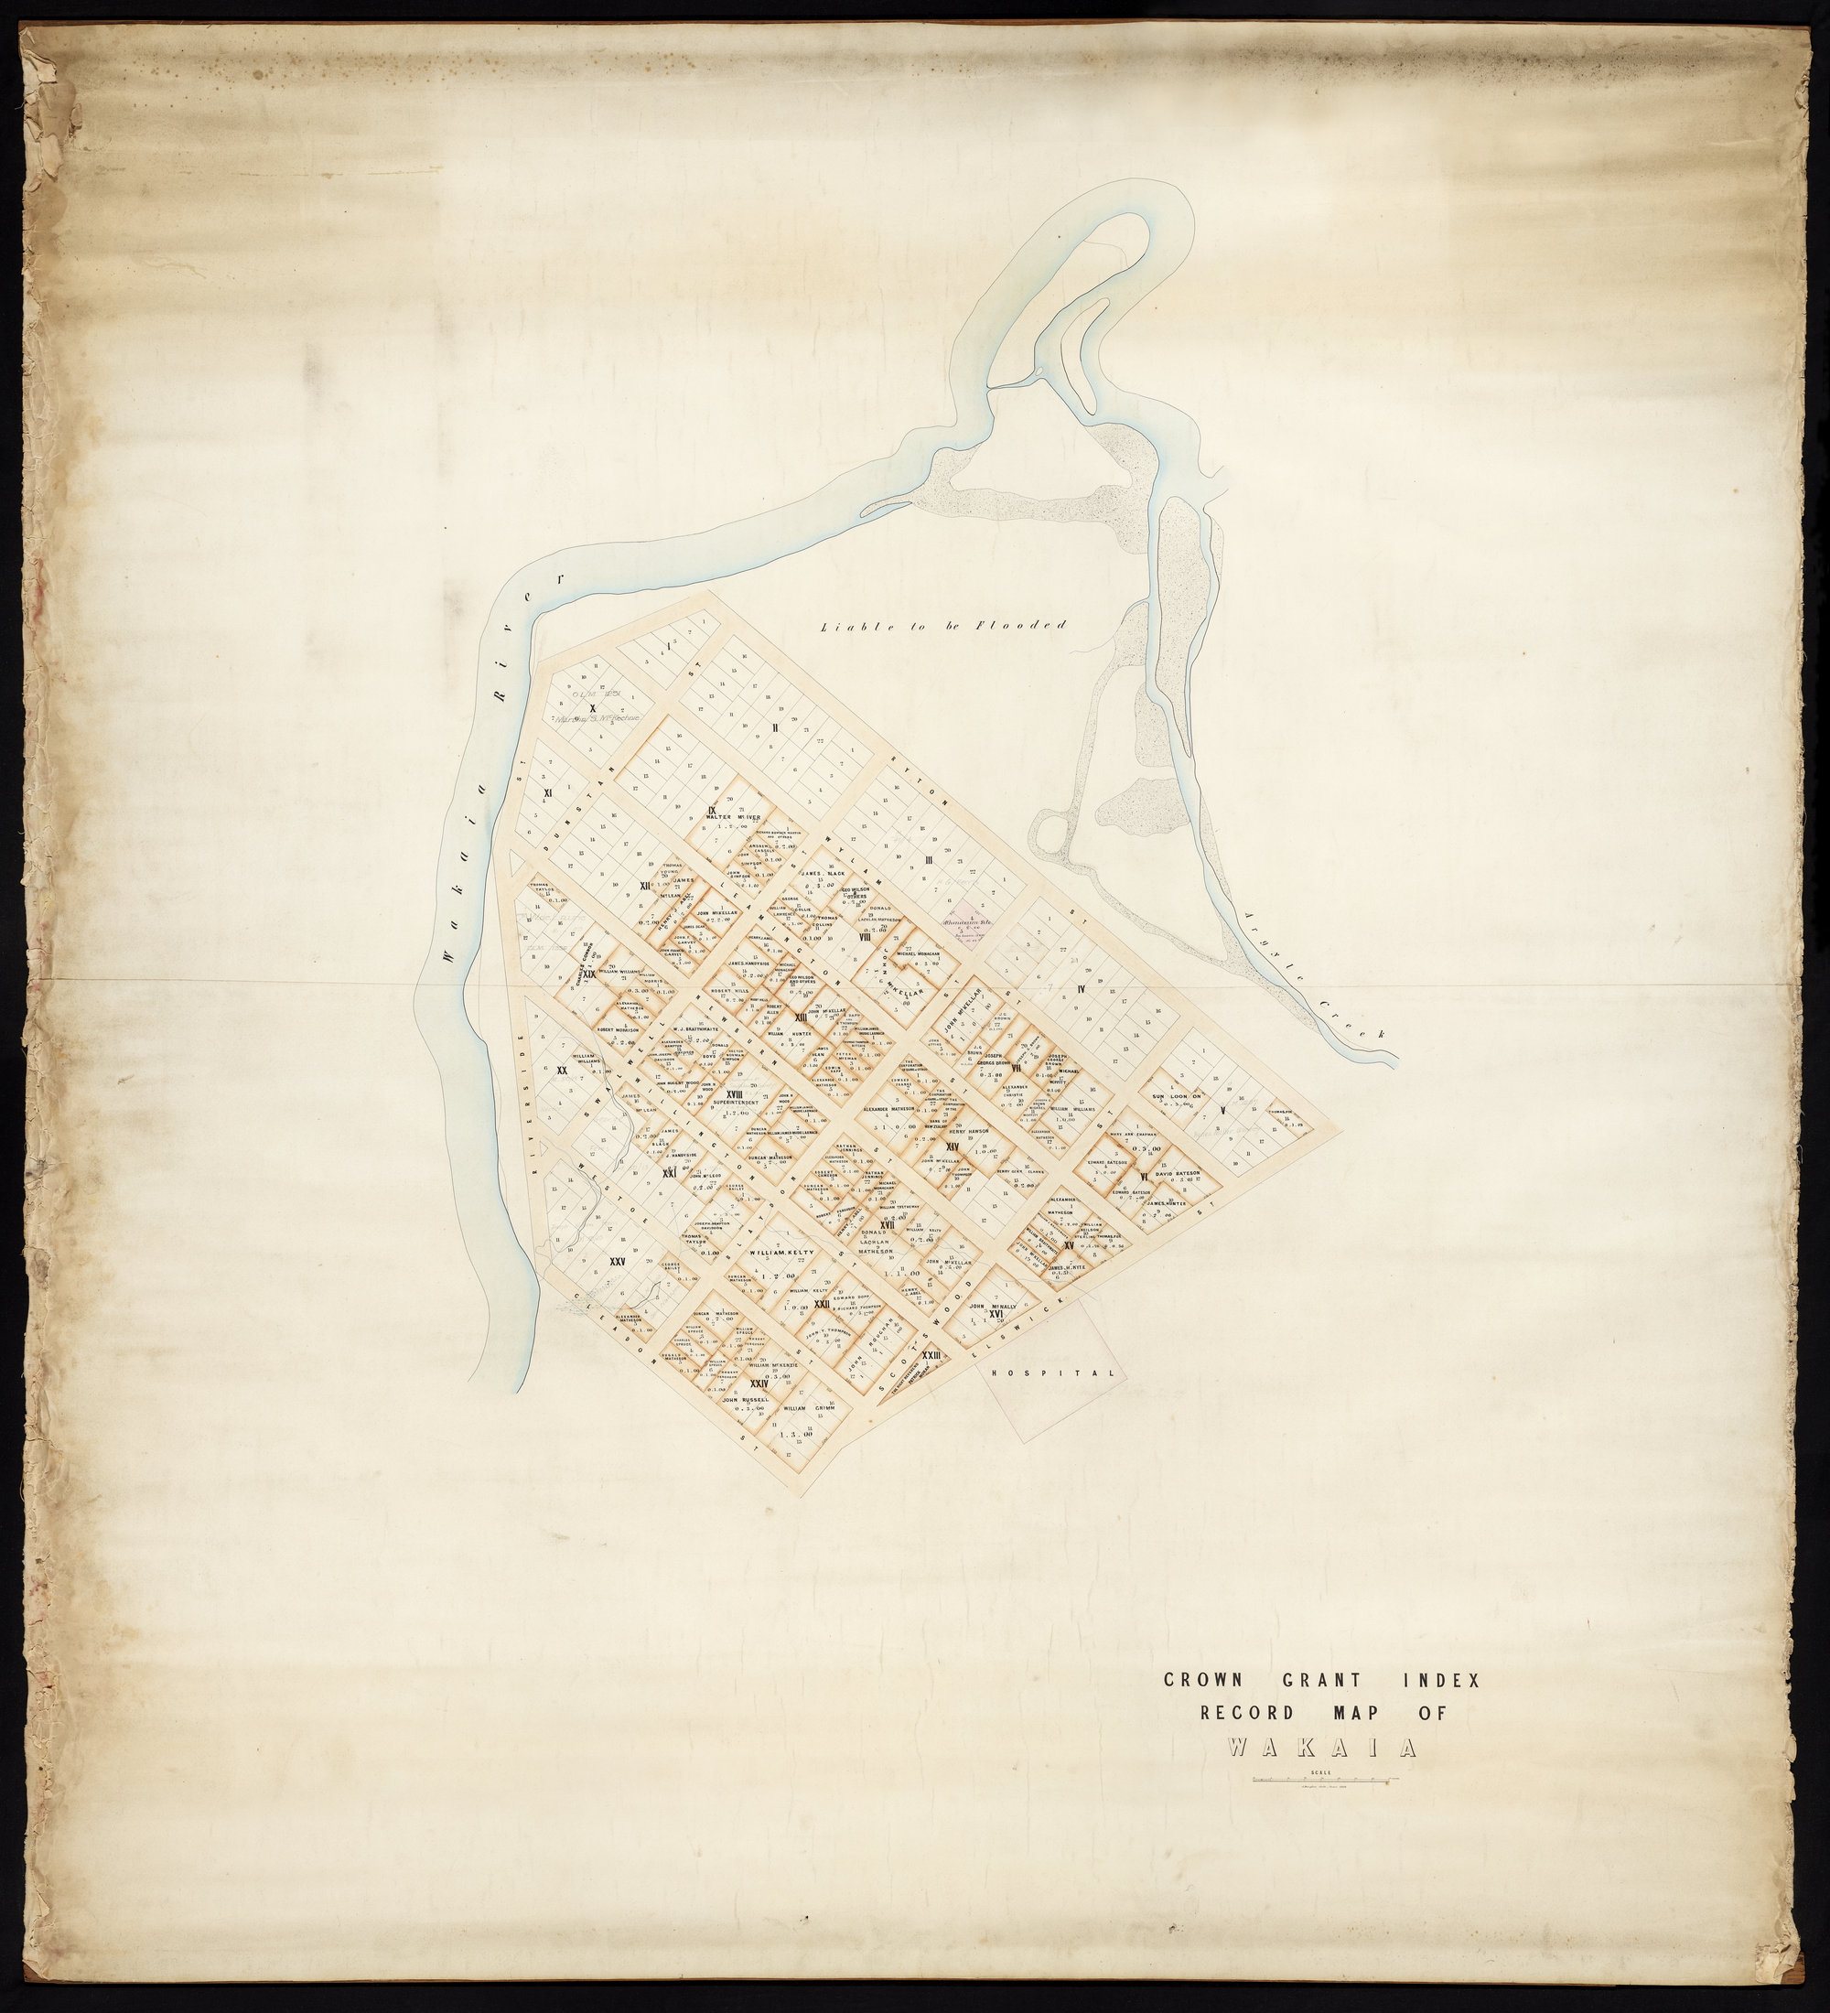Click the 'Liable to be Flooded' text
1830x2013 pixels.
pyautogui.click(x=943, y=626)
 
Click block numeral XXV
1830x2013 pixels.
pyautogui.click(x=617, y=1262)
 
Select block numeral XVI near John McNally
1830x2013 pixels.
pyautogui.click(x=995, y=1313)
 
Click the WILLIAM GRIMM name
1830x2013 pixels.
pyautogui.click(x=809, y=1409)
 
